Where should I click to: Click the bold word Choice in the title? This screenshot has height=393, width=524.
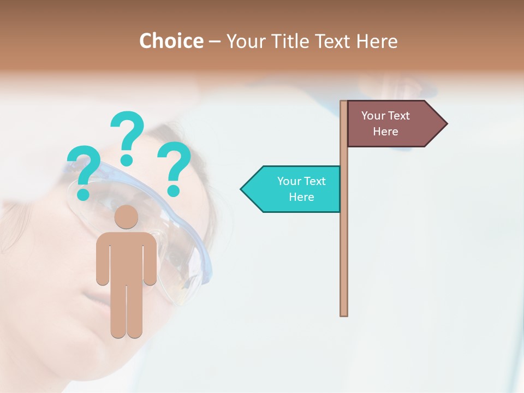[x=171, y=41]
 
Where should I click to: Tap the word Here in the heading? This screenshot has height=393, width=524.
[x=377, y=41]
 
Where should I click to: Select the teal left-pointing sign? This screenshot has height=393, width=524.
[x=295, y=189]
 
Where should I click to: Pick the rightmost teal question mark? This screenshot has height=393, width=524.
[x=174, y=167]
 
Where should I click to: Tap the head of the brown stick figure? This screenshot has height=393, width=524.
[x=127, y=217]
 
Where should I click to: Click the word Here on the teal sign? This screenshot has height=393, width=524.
[x=301, y=197]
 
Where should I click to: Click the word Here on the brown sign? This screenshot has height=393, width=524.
[x=385, y=132]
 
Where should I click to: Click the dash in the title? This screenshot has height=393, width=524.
[x=215, y=41]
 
